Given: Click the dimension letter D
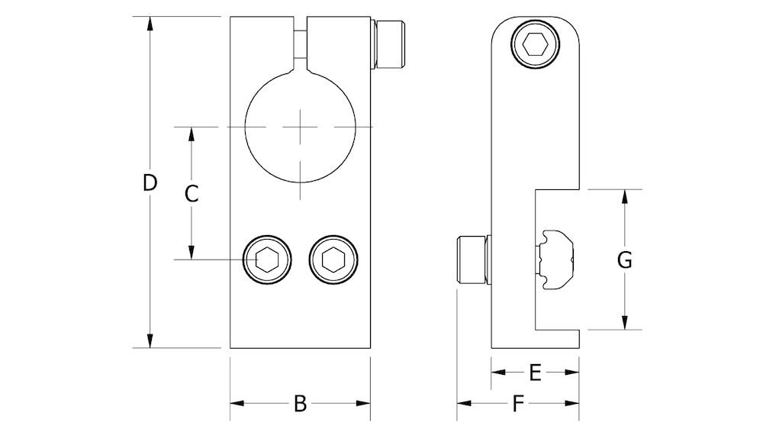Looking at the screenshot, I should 150,183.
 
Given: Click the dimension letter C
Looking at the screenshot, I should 192,194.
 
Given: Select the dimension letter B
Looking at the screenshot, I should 300,404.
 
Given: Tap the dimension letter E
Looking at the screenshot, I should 535,373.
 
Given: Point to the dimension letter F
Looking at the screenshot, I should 518,404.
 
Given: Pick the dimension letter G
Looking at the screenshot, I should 624,260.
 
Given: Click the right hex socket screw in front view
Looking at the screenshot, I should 333,260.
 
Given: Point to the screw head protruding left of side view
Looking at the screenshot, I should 472,260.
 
